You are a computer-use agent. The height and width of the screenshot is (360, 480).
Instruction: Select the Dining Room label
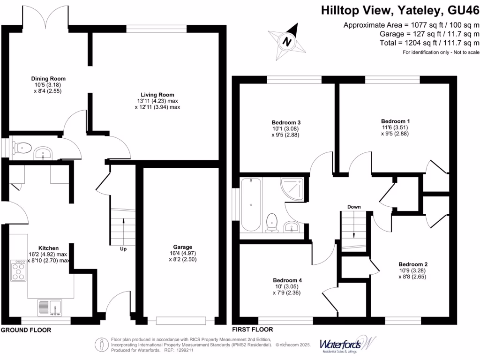coord(48,79)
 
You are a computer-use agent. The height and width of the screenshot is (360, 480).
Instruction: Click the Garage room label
coord(182,247)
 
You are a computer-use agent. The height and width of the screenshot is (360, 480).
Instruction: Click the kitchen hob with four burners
coord(19,271)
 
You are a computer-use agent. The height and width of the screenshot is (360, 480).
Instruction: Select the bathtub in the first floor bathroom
coord(252,204)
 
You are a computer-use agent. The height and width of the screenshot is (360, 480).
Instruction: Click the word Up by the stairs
coord(123,249)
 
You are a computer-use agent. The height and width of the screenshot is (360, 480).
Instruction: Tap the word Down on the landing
coord(353,207)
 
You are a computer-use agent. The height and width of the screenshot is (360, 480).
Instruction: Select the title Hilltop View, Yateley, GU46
coord(400,11)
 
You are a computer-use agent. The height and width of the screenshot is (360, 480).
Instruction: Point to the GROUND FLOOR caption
coord(26,330)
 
